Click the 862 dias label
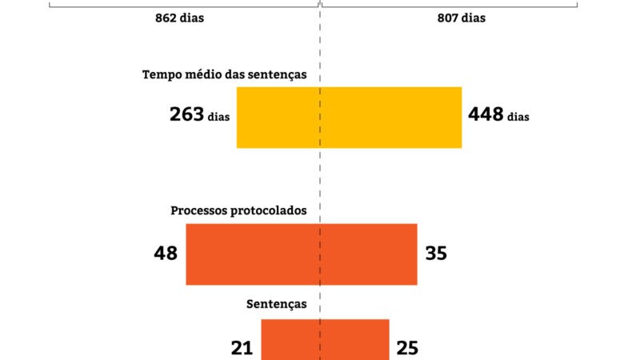(179, 17)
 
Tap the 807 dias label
(461, 17)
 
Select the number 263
(186, 114)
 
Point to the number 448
(486, 114)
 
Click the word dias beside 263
(218, 117)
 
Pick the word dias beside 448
(518, 117)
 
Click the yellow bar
(349, 118)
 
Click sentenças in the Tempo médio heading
(278, 75)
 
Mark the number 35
(436, 254)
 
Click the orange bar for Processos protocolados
(302, 254)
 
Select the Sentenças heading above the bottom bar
(277, 305)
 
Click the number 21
(242, 348)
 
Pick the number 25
(407, 348)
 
